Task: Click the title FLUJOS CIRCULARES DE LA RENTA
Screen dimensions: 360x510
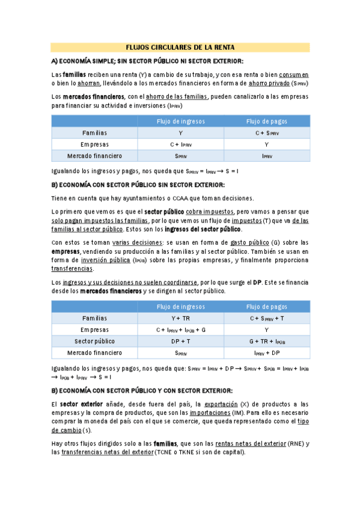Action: click(x=180, y=48)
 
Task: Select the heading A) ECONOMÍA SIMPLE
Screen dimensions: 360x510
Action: click(x=147, y=61)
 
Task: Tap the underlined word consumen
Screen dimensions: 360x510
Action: click(x=294, y=74)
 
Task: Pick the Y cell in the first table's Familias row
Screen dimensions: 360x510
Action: click(x=180, y=133)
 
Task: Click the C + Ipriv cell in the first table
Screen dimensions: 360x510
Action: click(x=180, y=144)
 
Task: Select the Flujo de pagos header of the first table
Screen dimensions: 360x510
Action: click(x=266, y=121)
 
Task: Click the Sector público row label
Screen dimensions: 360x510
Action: click(x=94, y=342)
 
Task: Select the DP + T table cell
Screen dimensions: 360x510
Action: click(x=180, y=342)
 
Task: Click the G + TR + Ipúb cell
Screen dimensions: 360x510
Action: click(x=266, y=342)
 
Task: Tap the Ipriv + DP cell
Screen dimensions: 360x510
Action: click(x=266, y=353)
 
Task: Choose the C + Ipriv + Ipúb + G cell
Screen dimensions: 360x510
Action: click(x=180, y=330)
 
